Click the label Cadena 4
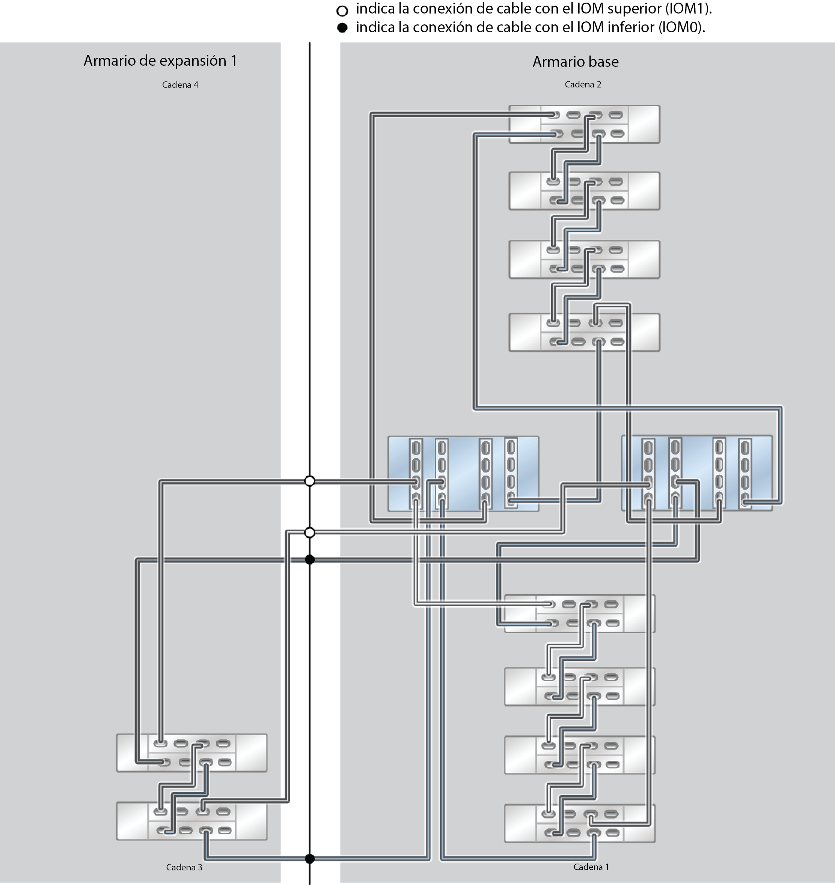click(180, 84)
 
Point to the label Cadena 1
click(591, 866)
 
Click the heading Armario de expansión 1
click(160, 60)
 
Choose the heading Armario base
click(575, 62)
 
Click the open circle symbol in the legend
click(342, 10)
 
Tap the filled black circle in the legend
click(342, 28)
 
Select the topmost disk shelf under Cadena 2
click(584, 124)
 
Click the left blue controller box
click(463, 473)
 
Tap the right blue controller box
click(696, 473)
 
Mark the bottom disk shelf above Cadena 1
click(579, 823)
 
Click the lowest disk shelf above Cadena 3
click(191, 821)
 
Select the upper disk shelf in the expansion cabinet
click(191, 753)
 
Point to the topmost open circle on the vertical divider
click(309, 481)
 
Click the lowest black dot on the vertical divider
click(309, 859)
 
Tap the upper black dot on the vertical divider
click(309, 560)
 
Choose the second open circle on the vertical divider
click(309, 533)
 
